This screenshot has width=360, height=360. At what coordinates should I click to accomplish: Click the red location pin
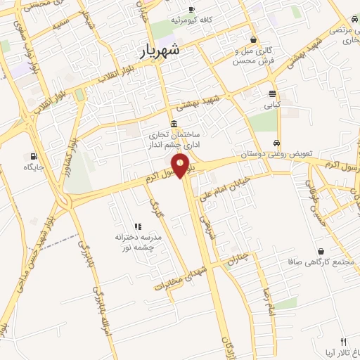[181, 165]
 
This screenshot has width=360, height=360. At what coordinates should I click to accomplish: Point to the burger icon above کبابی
[272, 94]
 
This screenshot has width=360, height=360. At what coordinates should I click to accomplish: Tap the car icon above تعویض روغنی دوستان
[278, 141]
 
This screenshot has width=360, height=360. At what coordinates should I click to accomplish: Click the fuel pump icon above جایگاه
[33, 156]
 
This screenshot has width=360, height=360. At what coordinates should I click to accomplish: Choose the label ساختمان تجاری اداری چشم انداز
[174, 139]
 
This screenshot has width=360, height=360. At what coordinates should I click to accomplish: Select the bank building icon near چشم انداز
[174, 124]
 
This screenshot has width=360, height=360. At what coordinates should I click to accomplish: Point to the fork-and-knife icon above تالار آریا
[343, 340]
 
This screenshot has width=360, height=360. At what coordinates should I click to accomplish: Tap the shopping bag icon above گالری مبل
[252, 40]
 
